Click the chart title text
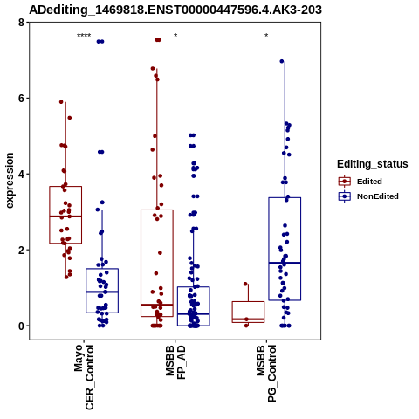[x=175, y=10]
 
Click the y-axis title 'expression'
[x=10, y=181]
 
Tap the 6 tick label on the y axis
[x=21, y=99]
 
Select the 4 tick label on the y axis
[x=21, y=175]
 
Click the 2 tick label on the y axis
[x=21, y=251]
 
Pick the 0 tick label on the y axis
[x=21, y=326]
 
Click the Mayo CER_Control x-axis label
[x=84, y=377]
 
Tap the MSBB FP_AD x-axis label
[x=175, y=362]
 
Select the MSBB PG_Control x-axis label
[x=266, y=374]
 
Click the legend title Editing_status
[x=373, y=164]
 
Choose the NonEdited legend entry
[x=368, y=196]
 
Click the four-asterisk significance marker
[x=84, y=36]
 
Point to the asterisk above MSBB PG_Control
[x=266, y=36]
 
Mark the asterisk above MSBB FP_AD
[x=175, y=36]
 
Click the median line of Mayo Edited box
[x=65, y=216]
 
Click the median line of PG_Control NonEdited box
[x=285, y=263]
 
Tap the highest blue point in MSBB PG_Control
[x=282, y=61]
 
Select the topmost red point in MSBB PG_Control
[x=245, y=284]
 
